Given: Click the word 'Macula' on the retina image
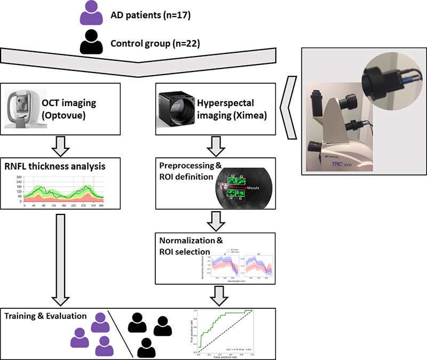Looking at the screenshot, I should point(252,188).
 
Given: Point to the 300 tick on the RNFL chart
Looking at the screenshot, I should point(18,177).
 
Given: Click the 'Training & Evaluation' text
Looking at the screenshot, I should point(45,316).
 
